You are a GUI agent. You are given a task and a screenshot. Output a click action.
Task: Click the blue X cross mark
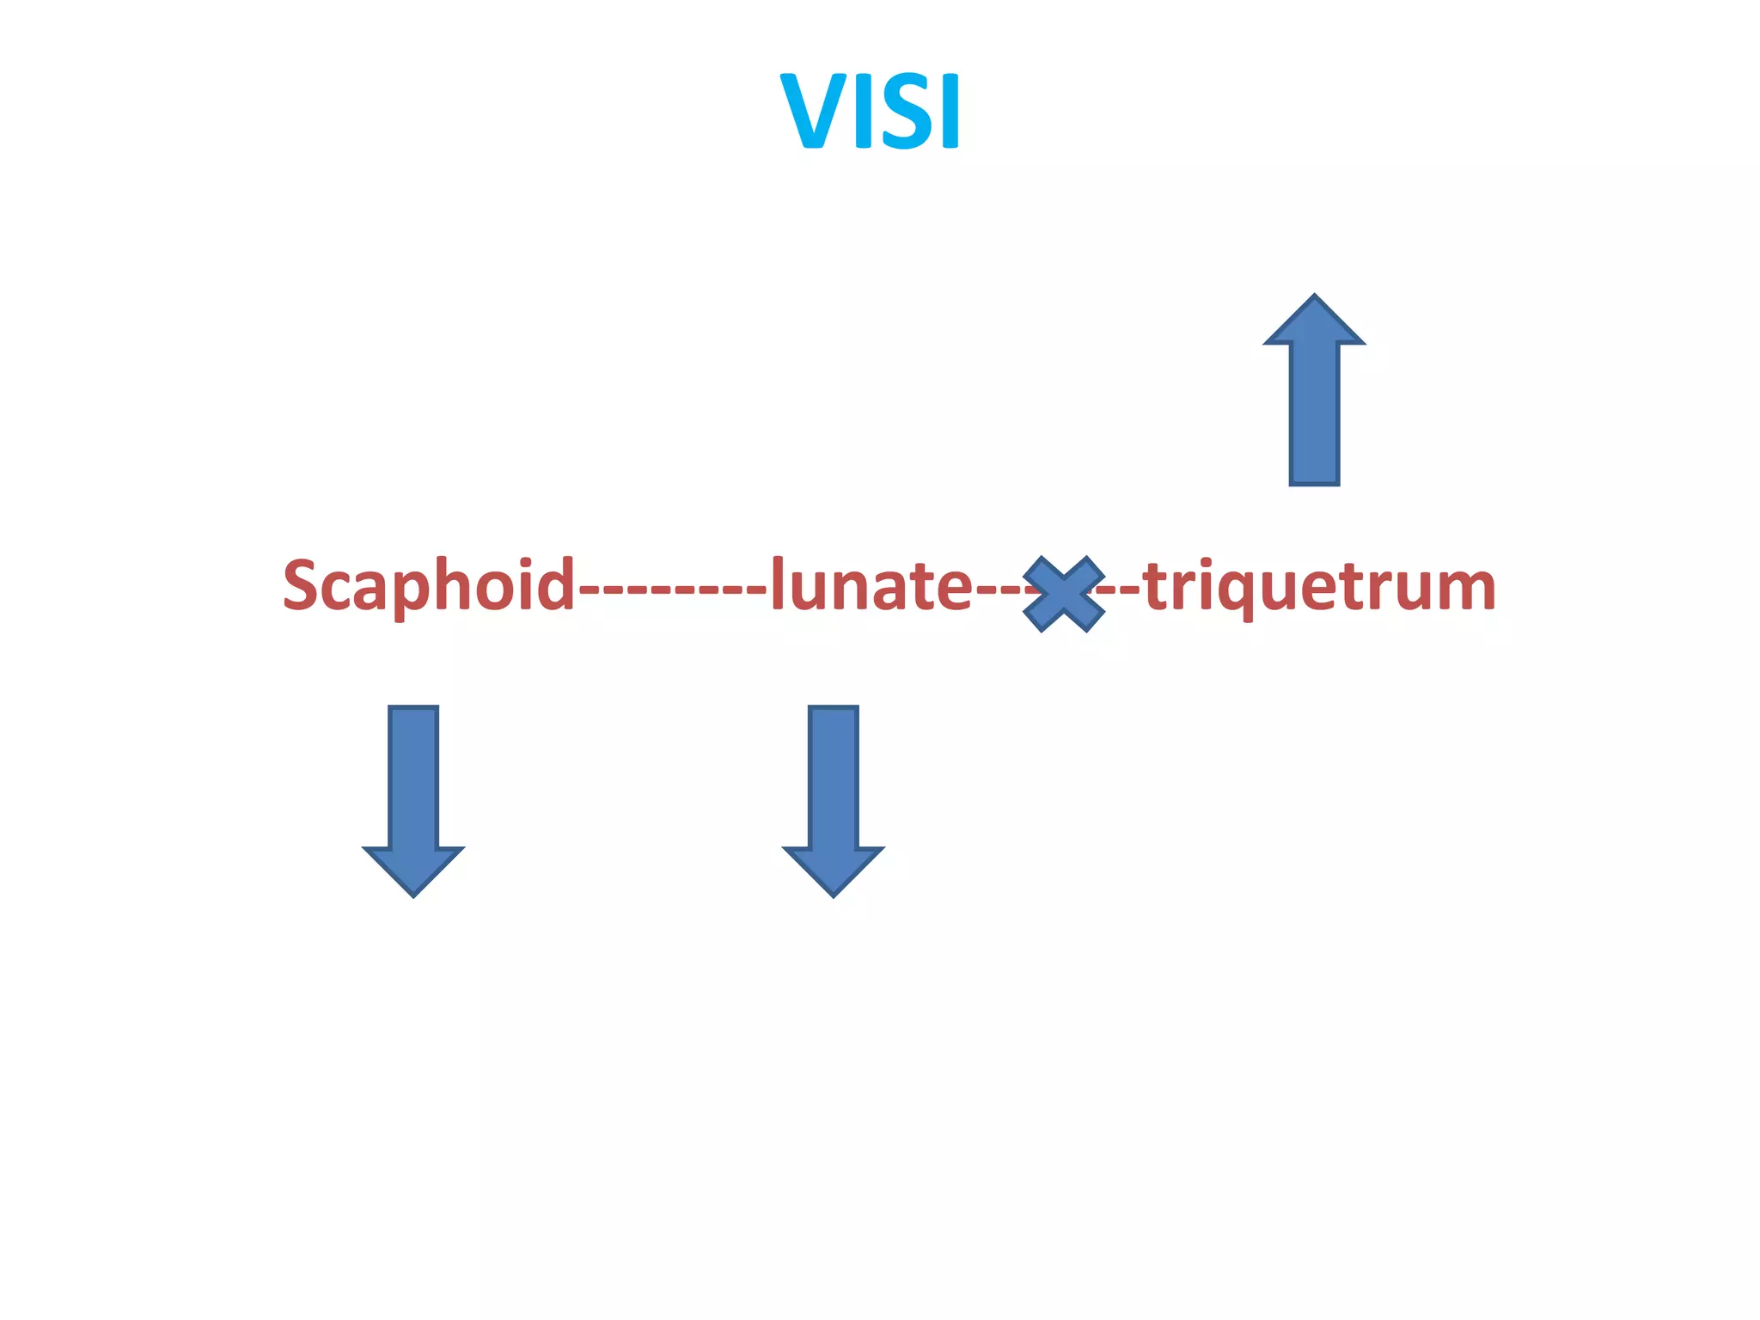(x=1063, y=594)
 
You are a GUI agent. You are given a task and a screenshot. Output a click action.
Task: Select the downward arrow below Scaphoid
(x=413, y=799)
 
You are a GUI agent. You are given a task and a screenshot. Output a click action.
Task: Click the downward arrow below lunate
(x=833, y=799)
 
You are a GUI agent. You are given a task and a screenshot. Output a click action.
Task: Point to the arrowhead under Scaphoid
(x=413, y=870)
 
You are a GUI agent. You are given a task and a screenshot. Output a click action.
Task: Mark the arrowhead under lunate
(x=833, y=870)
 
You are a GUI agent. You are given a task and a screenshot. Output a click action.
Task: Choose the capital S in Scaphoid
(x=302, y=584)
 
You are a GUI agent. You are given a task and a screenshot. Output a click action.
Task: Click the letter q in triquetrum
(x=1243, y=593)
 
